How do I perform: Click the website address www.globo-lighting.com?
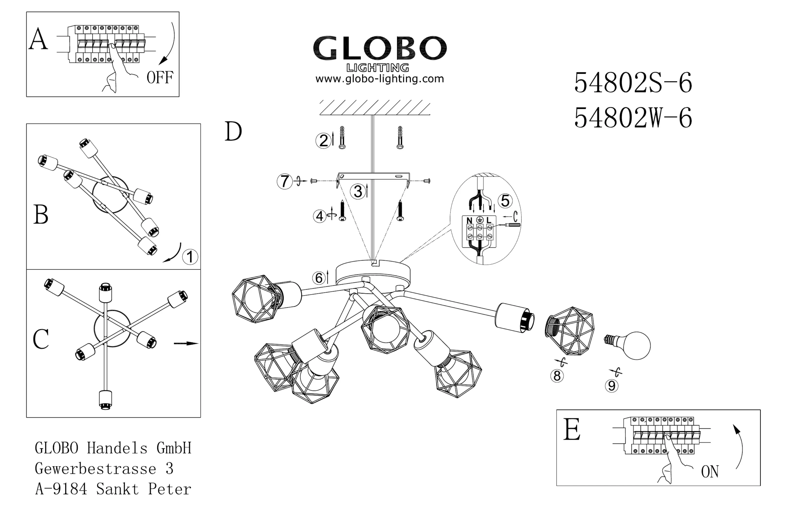click(x=380, y=79)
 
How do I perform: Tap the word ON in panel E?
click(x=710, y=472)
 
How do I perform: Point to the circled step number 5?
click(x=505, y=201)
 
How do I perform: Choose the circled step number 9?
click(x=611, y=386)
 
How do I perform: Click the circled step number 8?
click(x=557, y=376)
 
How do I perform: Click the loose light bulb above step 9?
click(x=627, y=346)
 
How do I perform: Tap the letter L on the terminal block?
click(x=489, y=220)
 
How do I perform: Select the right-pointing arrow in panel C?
click(x=186, y=343)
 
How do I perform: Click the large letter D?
click(x=233, y=131)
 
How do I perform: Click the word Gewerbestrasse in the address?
click(x=95, y=468)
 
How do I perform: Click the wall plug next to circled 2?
click(x=342, y=137)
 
